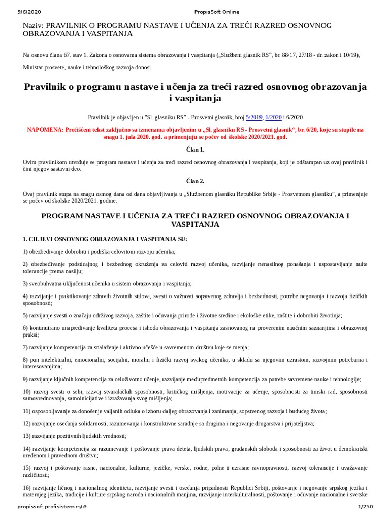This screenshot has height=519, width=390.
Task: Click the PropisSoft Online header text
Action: click(216, 12)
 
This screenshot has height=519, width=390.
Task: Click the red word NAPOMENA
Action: click(45, 130)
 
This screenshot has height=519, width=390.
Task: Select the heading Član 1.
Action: click(195, 150)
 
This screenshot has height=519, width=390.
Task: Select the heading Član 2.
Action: click(195, 181)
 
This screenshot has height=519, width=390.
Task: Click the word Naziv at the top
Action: click(34, 25)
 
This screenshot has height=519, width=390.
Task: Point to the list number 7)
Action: click(26, 347)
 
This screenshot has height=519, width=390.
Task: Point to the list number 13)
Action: click(27, 436)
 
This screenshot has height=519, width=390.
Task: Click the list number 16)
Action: click(27, 487)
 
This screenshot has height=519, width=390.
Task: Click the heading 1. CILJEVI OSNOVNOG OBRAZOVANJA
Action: click(105, 239)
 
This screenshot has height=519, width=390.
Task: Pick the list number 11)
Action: click(27, 411)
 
